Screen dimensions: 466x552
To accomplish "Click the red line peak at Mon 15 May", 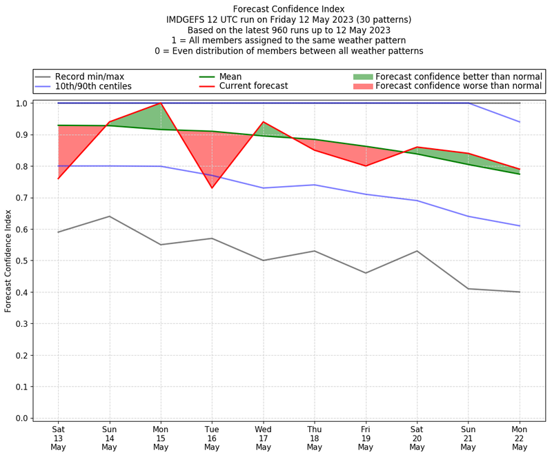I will coord(161,103).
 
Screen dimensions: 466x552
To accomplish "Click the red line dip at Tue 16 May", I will coord(212,188).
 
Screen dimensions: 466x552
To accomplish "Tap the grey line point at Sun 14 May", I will coord(109,216).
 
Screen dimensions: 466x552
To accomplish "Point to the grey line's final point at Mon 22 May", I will coord(520,292).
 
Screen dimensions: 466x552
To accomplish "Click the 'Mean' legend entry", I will coord(230,77).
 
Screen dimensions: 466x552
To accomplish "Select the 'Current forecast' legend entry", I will coord(253,86).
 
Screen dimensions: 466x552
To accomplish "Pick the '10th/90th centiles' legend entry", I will coord(93,86).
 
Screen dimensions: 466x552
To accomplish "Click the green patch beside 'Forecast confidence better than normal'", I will coord(363,77).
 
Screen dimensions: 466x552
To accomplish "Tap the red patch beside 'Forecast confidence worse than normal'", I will coord(363,86).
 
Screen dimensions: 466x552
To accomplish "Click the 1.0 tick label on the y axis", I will coord(23,103).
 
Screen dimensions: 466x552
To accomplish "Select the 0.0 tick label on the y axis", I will coord(23,418).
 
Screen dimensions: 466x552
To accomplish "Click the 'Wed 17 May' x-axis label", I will coord(263,437).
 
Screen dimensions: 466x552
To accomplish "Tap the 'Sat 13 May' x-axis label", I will coord(58,437).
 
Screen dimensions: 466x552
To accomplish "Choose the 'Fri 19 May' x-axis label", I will coord(366,437).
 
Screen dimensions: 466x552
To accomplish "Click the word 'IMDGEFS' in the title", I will coord(188,20).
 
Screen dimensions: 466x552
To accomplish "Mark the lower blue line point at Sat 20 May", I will coord(417,201).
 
